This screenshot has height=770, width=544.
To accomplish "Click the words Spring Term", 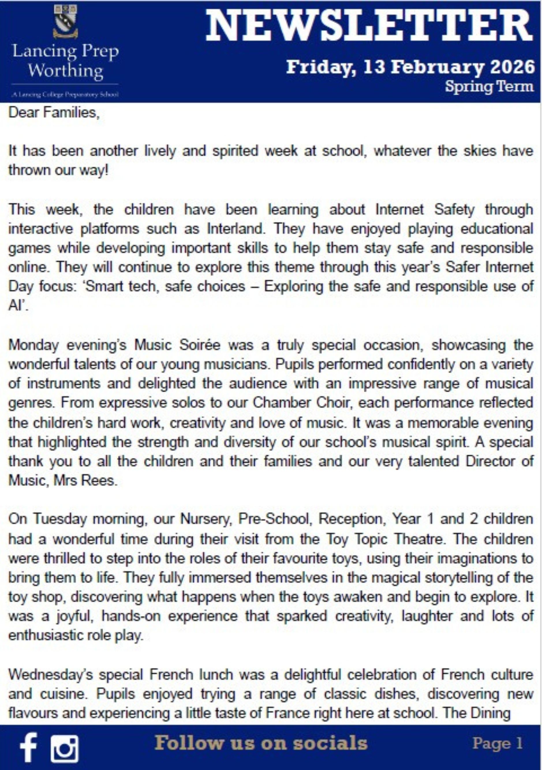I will coord(489,87).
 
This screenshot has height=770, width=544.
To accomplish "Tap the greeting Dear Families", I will coord(54,113).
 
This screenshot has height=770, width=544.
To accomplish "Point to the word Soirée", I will coord(199,345).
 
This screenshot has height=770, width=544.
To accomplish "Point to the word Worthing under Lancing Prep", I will coord(65,71).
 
